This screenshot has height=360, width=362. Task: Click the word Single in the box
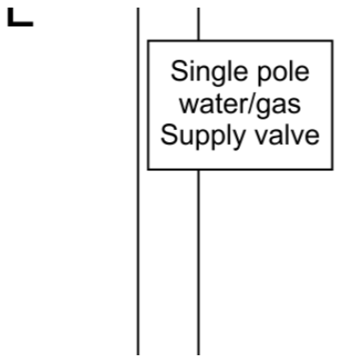pyautogui.click(x=208, y=73)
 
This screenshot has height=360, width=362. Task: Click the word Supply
pyautogui.click(x=203, y=136)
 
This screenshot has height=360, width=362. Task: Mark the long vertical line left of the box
pyautogui.click(x=138, y=181)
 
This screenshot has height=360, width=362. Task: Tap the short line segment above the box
pyautogui.click(x=198, y=24)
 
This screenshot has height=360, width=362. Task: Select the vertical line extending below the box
pyautogui.click(x=198, y=262)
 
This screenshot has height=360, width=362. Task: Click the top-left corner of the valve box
pyautogui.click(x=148, y=41)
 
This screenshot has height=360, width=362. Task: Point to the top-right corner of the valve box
pyautogui.click(x=333, y=41)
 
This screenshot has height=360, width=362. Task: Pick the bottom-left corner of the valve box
pyautogui.click(x=148, y=170)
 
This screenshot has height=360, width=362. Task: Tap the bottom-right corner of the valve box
pyautogui.click(x=333, y=170)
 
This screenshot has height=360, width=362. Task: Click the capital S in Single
pyautogui.click(x=179, y=71)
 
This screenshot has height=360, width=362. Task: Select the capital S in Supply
pyautogui.click(x=170, y=135)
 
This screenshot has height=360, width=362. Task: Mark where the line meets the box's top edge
pyautogui.click(x=198, y=41)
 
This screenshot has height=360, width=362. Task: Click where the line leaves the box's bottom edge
pyautogui.click(x=198, y=170)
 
